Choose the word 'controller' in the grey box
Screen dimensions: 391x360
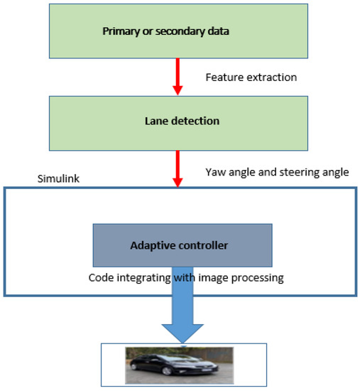coord(204,246)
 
